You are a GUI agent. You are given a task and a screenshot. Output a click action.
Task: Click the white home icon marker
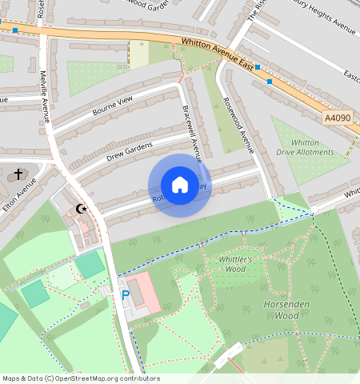180,185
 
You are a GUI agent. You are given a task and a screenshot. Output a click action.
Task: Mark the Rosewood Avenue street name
238,125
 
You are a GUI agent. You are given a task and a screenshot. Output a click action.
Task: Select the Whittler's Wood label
236,264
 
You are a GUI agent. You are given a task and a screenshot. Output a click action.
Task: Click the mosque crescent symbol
80,210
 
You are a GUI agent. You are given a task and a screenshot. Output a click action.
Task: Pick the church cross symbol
18,174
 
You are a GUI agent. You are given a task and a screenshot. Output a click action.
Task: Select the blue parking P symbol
125,295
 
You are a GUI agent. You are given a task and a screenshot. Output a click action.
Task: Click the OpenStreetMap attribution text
81,378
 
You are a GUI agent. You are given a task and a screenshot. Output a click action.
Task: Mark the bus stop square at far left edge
15,30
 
